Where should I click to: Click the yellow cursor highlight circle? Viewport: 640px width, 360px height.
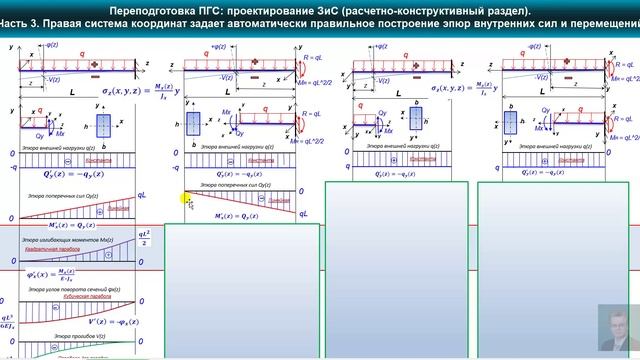[x=187, y=200]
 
